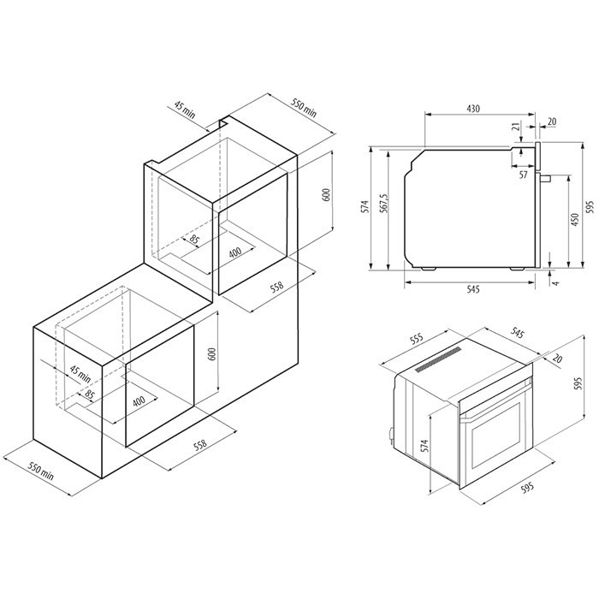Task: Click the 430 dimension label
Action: pyautogui.click(x=472, y=109)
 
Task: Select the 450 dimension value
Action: pyautogui.click(x=574, y=220)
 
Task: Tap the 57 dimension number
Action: pyautogui.click(x=523, y=175)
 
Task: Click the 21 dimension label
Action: pyautogui.click(x=516, y=127)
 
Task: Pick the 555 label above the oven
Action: pyautogui.click(x=417, y=339)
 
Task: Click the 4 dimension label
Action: pyautogui.click(x=556, y=283)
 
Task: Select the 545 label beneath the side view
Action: pyautogui.click(x=472, y=289)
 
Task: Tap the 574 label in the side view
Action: pyautogui.click(x=365, y=206)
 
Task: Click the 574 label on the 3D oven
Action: pyautogui.click(x=424, y=446)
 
